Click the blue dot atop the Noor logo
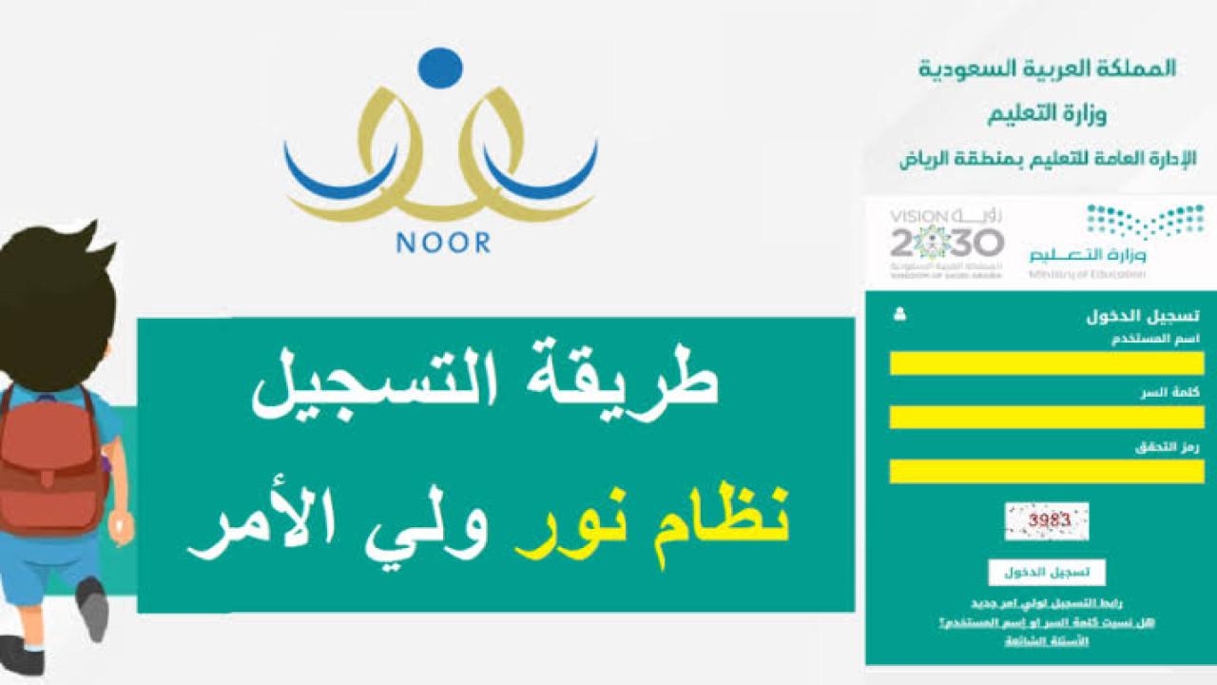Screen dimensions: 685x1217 (x=440, y=68)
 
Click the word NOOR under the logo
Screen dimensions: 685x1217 (x=443, y=243)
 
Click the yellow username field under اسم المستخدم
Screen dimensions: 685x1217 (x=1047, y=363)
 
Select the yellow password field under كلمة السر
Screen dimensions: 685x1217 (x=1047, y=417)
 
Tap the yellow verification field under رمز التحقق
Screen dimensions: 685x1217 (x=1047, y=471)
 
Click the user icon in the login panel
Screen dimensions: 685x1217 (x=900, y=314)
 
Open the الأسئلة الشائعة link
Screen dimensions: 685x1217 (x=1047, y=641)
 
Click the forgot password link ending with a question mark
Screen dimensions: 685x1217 (x=1047, y=622)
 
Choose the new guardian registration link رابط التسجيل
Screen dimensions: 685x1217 (x=1047, y=604)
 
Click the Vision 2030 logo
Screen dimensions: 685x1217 (x=946, y=243)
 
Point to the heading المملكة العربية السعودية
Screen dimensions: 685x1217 (x=1047, y=68)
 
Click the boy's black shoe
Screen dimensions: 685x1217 (x=93, y=609)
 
